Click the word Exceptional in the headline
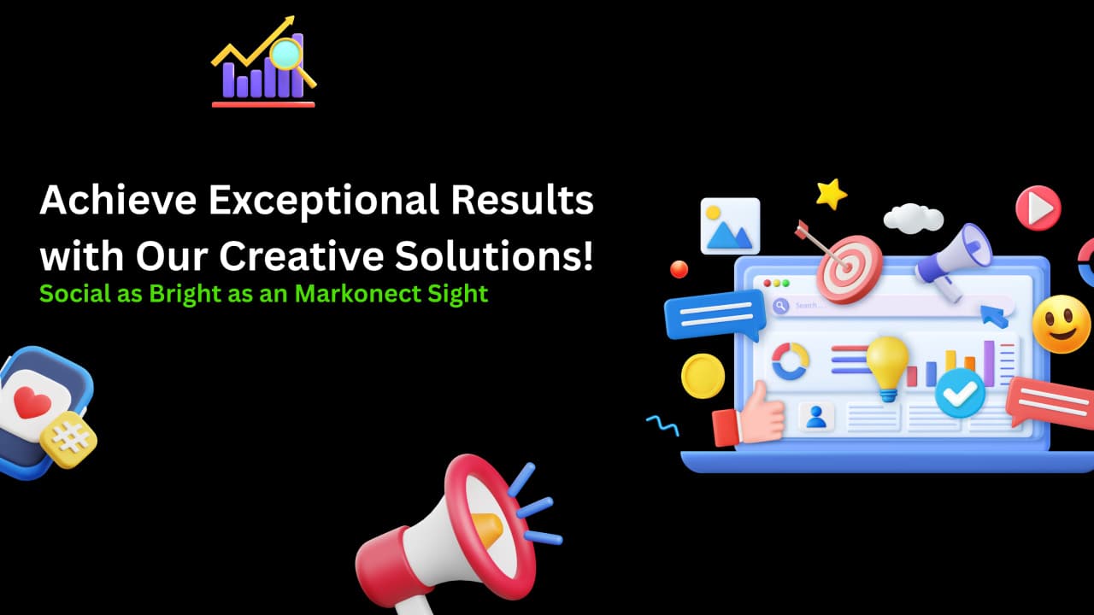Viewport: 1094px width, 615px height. (x=324, y=201)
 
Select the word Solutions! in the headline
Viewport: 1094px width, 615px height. (x=494, y=255)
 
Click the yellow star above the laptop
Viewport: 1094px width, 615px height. (x=831, y=194)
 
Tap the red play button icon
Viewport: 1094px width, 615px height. (x=1038, y=208)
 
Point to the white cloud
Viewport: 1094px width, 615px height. (x=914, y=218)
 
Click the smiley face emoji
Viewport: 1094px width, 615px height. (x=1061, y=324)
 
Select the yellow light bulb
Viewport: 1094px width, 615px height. (x=887, y=367)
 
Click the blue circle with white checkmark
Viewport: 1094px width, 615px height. (x=960, y=394)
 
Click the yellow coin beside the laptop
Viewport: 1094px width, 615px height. (x=703, y=376)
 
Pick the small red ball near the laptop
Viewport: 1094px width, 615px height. (x=679, y=269)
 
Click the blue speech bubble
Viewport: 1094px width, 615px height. (x=715, y=315)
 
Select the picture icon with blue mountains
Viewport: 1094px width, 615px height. (x=730, y=226)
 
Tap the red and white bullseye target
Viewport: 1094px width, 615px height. (x=850, y=268)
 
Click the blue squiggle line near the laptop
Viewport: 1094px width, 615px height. (x=662, y=425)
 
